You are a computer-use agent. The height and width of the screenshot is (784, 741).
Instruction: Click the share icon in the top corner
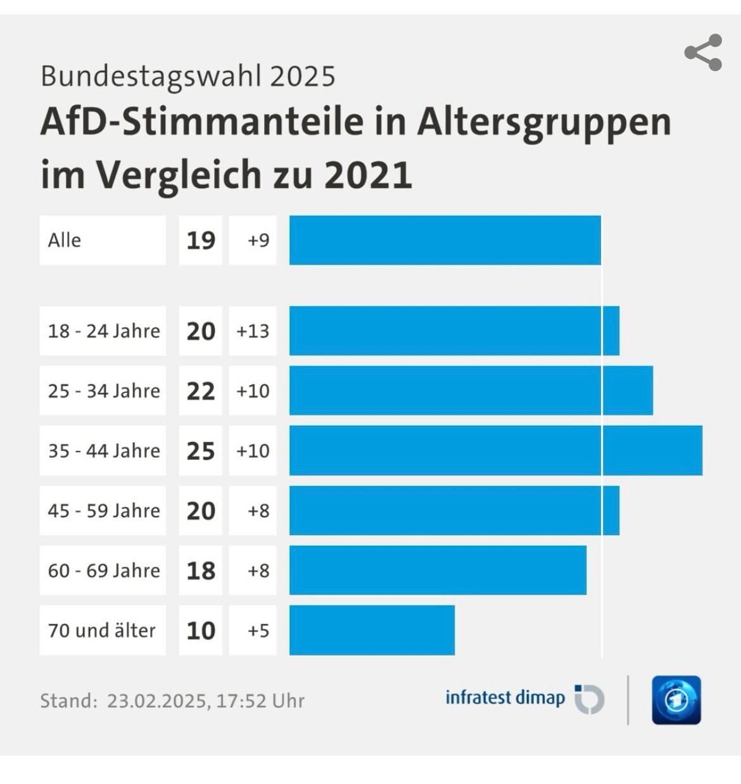pyautogui.click(x=703, y=53)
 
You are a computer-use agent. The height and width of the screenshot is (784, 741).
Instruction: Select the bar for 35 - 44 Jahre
pyautogui.click(x=495, y=450)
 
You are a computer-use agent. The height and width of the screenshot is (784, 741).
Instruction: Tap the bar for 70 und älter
pyautogui.click(x=372, y=630)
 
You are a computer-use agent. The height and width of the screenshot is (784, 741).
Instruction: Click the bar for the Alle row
pyautogui.click(x=445, y=240)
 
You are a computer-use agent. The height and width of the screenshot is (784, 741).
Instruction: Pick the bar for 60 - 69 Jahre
pyautogui.click(x=438, y=570)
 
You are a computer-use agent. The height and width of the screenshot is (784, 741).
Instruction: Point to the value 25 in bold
pyautogui.click(x=201, y=451)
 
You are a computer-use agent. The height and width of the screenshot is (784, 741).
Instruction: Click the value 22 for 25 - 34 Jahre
pyautogui.click(x=201, y=391)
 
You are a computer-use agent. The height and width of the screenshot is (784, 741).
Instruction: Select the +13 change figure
pyautogui.click(x=253, y=331)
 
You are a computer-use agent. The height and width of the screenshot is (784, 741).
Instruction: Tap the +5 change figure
pyautogui.click(x=258, y=631)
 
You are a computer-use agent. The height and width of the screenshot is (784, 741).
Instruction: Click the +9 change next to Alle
pyautogui.click(x=258, y=241)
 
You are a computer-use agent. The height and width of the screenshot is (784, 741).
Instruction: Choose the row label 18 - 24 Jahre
pyautogui.click(x=104, y=331)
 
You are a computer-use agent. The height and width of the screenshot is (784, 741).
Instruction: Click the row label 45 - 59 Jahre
pyautogui.click(x=104, y=510)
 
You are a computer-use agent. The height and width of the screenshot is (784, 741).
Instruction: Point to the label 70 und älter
pyautogui.click(x=101, y=631)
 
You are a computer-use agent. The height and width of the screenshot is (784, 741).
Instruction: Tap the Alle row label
pyautogui.click(x=65, y=241)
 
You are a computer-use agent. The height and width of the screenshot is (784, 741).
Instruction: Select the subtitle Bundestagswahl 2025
pyautogui.click(x=188, y=76)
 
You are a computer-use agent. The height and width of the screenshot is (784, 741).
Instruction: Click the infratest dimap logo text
pyautogui.click(x=505, y=697)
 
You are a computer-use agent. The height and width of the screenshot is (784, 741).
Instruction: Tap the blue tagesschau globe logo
pyautogui.click(x=676, y=700)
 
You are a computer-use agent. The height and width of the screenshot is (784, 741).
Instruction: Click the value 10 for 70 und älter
pyautogui.click(x=201, y=631)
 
